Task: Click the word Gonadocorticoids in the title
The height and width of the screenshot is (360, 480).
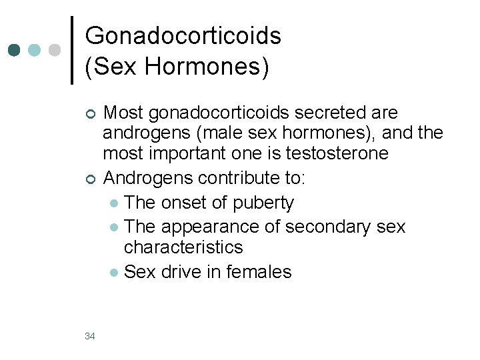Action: (x=183, y=35)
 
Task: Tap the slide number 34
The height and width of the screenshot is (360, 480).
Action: (x=90, y=336)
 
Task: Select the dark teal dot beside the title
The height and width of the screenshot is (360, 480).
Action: (x=15, y=50)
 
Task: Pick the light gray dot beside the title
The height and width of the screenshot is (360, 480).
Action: (x=55, y=50)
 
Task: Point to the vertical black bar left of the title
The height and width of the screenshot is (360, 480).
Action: (x=72, y=50)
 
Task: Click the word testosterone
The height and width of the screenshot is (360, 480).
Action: (x=337, y=153)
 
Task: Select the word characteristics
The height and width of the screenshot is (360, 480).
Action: (x=183, y=247)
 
